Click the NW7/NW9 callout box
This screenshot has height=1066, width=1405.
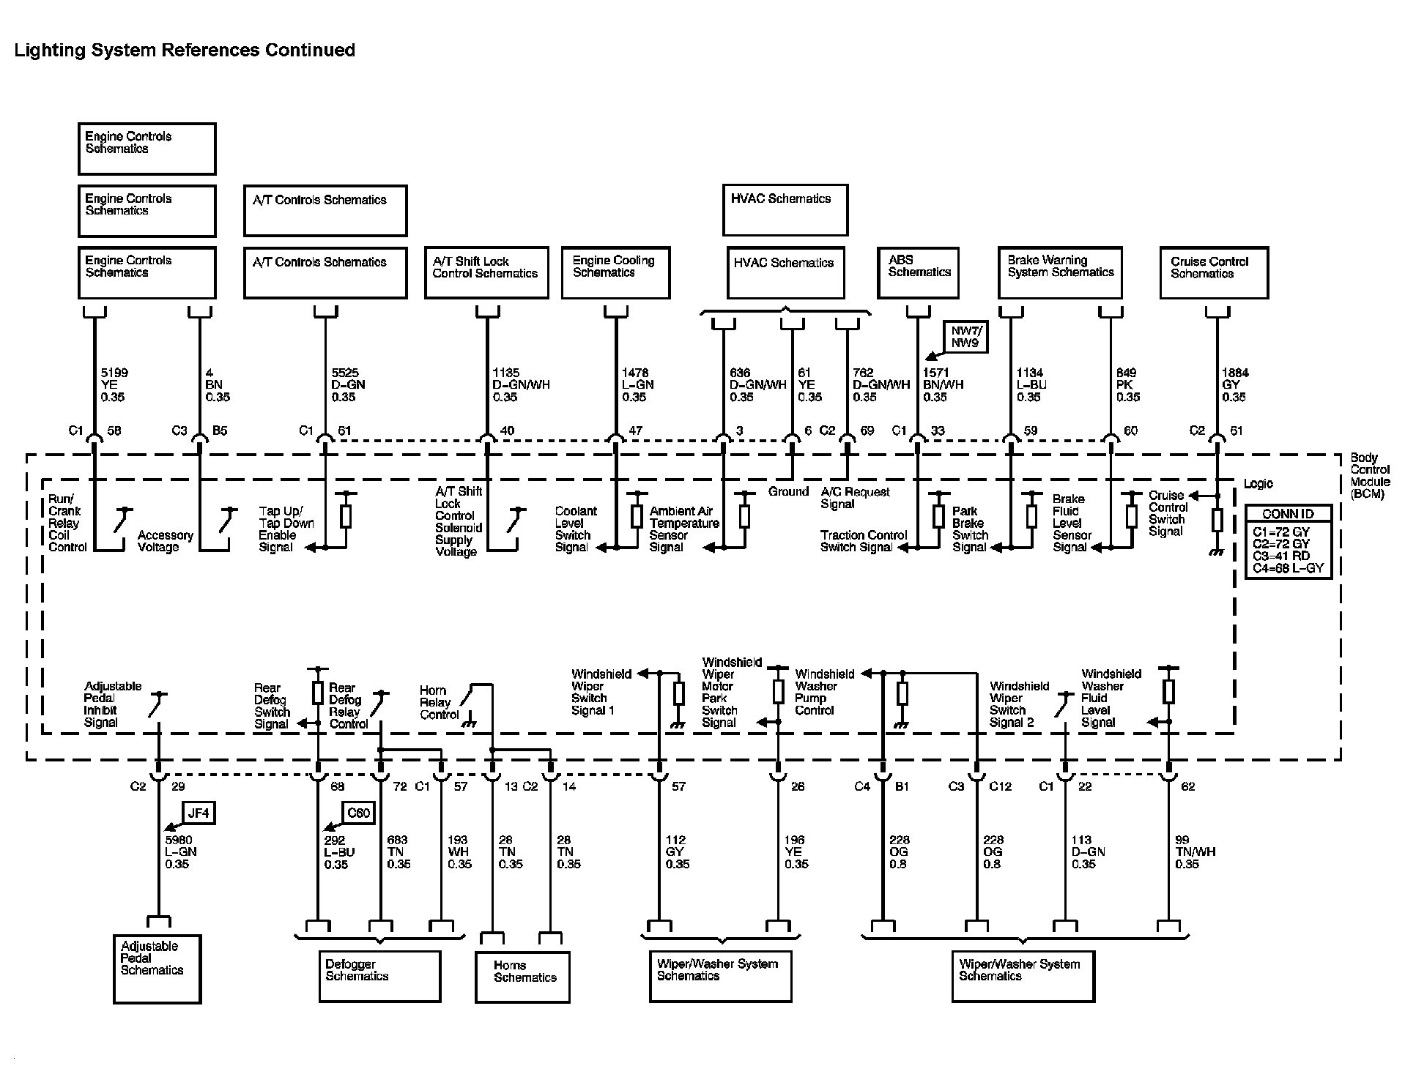pos(964,335)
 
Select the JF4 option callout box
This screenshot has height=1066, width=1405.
pos(198,813)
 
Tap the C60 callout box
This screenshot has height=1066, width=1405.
pos(358,813)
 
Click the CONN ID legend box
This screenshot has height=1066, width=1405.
pos(1288,542)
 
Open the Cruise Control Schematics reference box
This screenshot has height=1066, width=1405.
pos(1214,272)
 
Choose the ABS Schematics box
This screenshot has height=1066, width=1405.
pos(918,272)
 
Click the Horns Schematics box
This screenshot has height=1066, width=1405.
pos(522,976)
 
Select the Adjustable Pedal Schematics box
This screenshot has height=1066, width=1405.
pos(157,968)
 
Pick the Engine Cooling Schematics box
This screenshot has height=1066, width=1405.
pos(615,272)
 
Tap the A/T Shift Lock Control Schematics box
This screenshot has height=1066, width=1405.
pos(486,272)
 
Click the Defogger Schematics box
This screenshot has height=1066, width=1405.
pos(379,975)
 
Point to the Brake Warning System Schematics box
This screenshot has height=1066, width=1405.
pos(1059,272)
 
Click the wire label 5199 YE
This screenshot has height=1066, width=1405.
pos(114,384)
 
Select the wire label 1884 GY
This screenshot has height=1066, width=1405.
pos(1234,384)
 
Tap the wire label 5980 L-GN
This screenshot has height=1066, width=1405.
pos(180,852)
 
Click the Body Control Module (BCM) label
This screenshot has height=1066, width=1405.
pos(1370,476)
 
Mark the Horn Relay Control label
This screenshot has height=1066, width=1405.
pos(439,702)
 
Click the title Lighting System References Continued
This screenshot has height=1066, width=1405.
pos(185,50)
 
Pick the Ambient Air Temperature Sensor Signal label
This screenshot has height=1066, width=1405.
pos(683,529)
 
